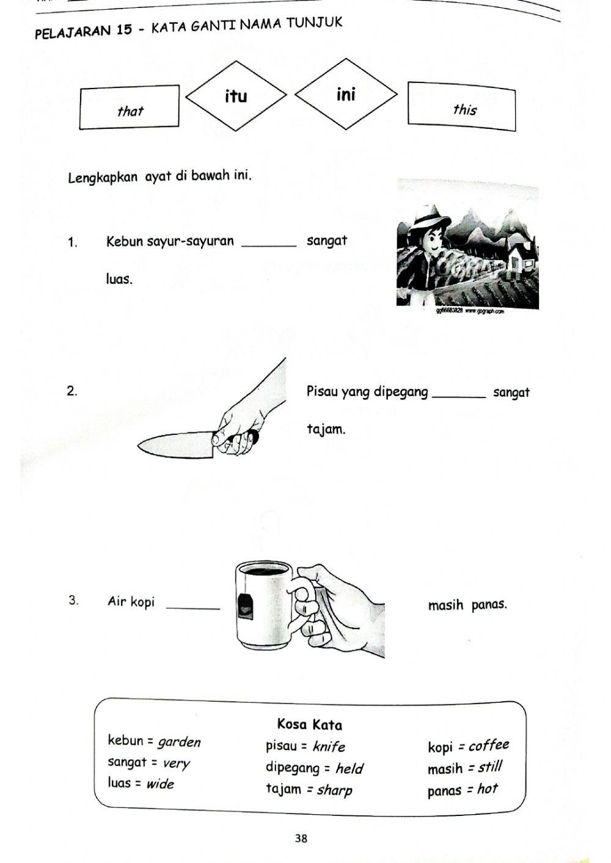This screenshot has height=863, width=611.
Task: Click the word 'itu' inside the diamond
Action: point(236,96)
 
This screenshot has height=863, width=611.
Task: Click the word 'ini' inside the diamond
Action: point(345,94)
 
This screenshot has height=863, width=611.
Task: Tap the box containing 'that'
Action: point(129,107)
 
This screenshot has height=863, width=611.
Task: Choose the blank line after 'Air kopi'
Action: point(192,606)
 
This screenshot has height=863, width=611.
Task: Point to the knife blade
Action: point(174,443)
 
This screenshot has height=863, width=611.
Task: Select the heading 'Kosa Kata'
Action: point(309,725)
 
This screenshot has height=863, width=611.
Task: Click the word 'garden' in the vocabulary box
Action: point(179,742)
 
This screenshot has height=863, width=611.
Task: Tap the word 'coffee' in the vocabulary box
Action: point(488,746)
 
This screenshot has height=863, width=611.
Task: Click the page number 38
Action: point(301,838)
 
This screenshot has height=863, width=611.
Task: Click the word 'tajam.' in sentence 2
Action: point(326,429)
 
